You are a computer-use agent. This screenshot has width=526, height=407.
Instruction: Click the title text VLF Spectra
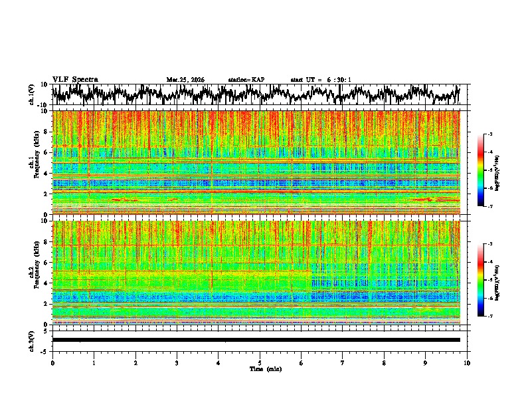click(75, 79)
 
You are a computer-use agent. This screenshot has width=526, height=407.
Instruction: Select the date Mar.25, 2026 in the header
click(185, 80)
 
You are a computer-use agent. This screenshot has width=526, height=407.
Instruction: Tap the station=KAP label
click(246, 80)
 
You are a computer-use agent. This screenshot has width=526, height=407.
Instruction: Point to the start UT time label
click(321, 80)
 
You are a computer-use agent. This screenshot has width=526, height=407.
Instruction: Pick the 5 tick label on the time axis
click(260, 363)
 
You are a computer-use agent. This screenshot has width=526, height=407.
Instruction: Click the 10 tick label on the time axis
click(467, 363)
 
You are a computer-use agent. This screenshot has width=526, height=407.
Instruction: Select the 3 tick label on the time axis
click(177, 363)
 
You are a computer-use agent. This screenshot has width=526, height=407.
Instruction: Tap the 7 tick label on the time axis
click(343, 363)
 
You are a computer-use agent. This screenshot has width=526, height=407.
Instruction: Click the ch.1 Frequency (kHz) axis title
click(33, 162)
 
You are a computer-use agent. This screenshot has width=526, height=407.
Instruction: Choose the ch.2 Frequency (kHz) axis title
click(33, 272)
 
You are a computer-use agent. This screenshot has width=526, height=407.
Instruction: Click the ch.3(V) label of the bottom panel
click(33, 339)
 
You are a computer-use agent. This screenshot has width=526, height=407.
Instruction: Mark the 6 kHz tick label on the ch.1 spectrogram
click(46, 153)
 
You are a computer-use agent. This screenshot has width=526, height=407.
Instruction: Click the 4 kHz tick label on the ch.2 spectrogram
click(46, 283)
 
